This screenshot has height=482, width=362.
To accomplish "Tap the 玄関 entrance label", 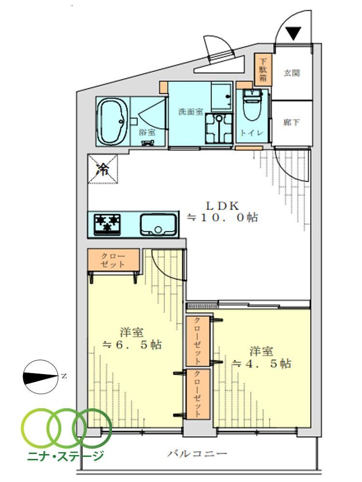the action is pyautogui.click(x=291, y=73).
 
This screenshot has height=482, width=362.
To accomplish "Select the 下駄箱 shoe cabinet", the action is pyautogui.click(x=263, y=70).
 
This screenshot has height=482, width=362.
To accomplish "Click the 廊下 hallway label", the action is pyautogui.click(x=291, y=122).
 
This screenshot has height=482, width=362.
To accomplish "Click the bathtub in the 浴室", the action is pyautogui.click(x=112, y=121).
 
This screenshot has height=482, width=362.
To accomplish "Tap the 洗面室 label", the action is pyautogui.click(x=191, y=112).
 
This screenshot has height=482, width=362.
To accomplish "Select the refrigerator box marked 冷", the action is pyautogui.click(x=103, y=169).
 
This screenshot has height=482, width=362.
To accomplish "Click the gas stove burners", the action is pyautogui.click(x=107, y=224).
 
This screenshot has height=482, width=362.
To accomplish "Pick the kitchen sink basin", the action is pyautogui.click(x=158, y=225).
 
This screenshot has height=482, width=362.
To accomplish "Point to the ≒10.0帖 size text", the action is pyautogui.click(x=223, y=218).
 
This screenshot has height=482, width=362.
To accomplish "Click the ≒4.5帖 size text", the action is pyautogui.click(x=261, y=363).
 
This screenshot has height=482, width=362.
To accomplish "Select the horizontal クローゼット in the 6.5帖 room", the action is pyautogui.click(x=113, y=260).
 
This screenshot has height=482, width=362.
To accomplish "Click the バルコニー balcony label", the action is pyautogui.click(x=197, y=454).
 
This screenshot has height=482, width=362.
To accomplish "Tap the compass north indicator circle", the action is pyautogui.click(x=41, y=376).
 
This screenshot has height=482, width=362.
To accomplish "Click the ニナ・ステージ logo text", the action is pyautogui.click(x=65, y=455).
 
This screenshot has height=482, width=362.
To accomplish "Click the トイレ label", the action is pyautogui.click(x=252, y=133).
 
